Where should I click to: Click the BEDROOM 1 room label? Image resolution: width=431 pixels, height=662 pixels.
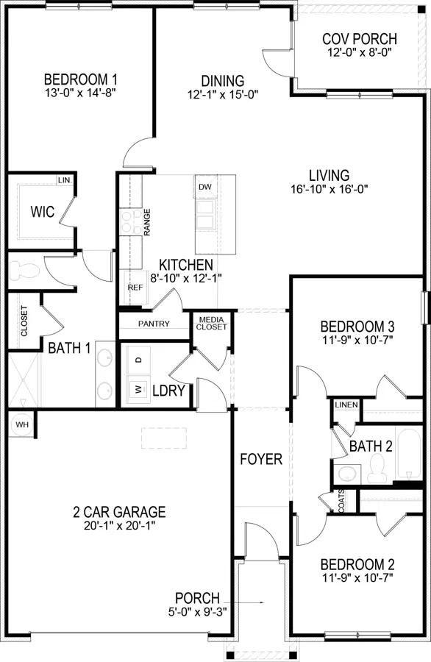[x=81, y=79]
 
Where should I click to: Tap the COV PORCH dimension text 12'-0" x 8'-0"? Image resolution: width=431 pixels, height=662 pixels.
[x=360, y=53]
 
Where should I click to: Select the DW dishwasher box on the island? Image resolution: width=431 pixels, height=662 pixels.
[x=204, y=187]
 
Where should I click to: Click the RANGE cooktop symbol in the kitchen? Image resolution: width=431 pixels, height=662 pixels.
[x=131, y=221]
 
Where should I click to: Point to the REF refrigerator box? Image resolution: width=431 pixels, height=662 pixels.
[x=135, y=288]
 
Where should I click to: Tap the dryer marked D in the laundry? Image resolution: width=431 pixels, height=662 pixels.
[x=138, y=360]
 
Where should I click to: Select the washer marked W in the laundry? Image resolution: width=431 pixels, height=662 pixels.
[x=138, y=388]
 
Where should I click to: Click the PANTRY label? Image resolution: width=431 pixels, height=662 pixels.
[x=154, y=324]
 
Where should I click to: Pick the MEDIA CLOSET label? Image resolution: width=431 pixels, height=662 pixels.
[x=211, y=323]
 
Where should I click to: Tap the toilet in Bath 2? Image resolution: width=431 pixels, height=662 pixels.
[x=378, y=468]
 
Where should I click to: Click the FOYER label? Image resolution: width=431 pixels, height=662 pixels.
[x=261, y=460]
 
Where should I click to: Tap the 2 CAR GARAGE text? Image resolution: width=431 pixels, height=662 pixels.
[x=118, y=512]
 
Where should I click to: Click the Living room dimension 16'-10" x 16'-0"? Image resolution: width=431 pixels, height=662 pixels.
[x=328, y=188]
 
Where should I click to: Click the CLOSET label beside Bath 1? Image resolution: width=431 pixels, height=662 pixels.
[x=24, y=321]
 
